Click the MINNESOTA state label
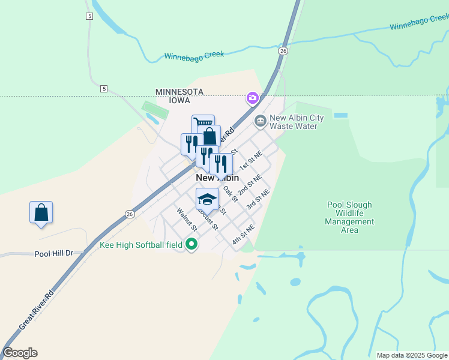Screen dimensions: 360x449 point(179,92)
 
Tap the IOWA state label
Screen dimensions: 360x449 point(179,100)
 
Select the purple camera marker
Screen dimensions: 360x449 point(253,97)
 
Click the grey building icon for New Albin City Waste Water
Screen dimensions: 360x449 point(261,121)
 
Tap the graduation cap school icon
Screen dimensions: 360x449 point(207,199)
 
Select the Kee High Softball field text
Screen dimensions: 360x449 point(141,245)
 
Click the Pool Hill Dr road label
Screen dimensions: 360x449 point(53,253)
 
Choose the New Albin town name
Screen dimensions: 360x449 point(217,178)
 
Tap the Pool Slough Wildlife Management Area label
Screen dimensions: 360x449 point(349,217)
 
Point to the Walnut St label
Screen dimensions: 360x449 point(187,220)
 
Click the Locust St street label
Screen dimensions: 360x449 point(208,220)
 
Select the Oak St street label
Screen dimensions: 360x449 point(231,193)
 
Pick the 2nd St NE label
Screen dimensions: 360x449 point(250,185)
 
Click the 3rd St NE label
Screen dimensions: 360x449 point(258,199)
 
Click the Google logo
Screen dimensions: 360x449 point(20,353)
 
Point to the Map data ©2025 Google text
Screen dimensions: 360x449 point(412,355)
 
